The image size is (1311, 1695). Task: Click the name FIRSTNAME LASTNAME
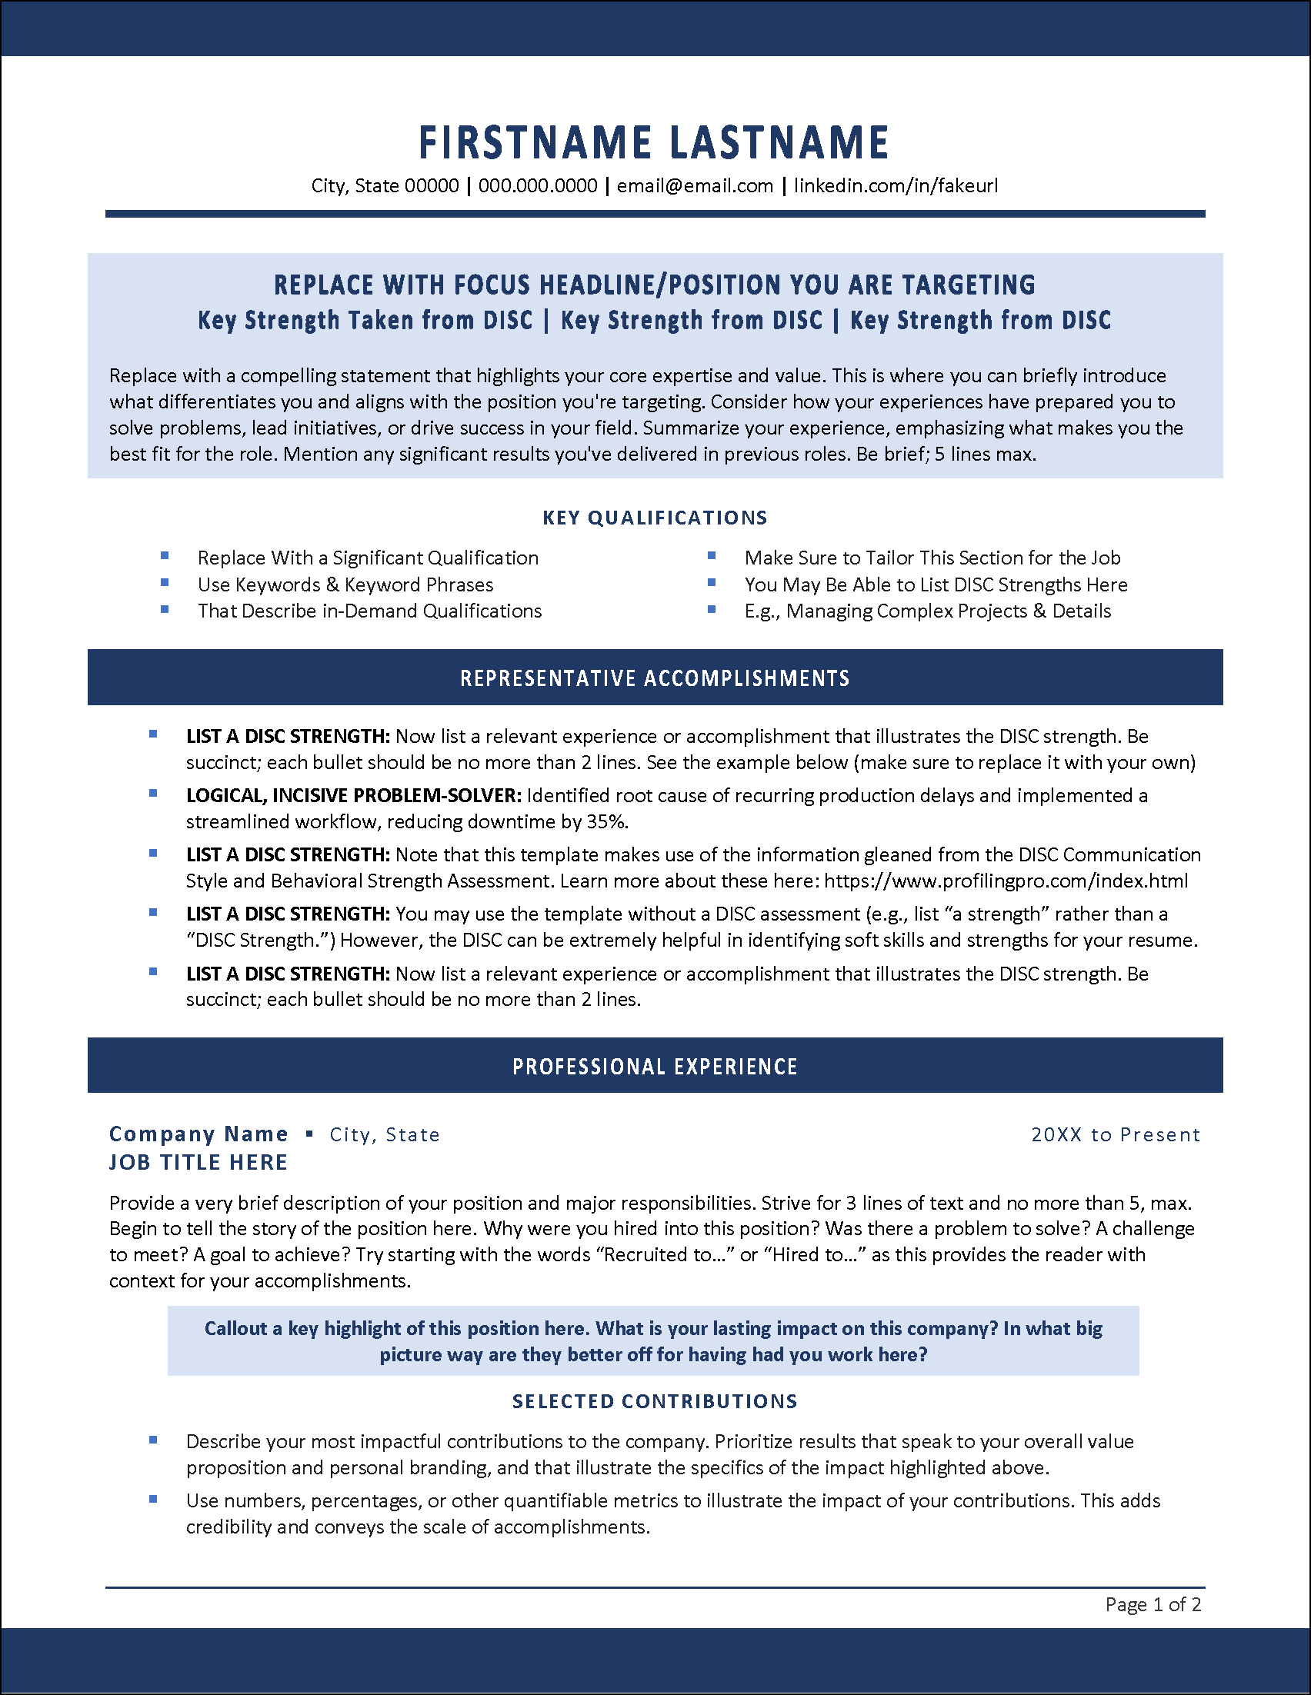pos(653,143)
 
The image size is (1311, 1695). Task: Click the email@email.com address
pos(695,186)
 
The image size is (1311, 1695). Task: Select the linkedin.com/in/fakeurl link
pos(895,186)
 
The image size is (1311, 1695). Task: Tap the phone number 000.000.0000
pos(538,186)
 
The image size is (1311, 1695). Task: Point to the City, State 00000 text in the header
pos(385,186)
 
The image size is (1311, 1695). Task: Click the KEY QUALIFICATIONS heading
pos(655,518)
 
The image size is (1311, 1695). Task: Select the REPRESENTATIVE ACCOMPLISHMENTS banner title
pos(655,678)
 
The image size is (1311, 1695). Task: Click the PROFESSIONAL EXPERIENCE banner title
pos(655,1067)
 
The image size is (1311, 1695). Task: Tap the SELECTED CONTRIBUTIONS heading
pos(655,1401)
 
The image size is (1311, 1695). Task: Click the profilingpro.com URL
pos(1006,881)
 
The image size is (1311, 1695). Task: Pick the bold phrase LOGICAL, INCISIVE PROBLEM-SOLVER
pos(353,795)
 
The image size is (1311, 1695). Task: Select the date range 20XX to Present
pos(1116,1134)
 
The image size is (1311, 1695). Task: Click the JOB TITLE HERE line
pos(198,1162)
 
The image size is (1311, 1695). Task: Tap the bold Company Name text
pos(198,1134)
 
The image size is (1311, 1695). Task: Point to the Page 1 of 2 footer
pos(1153,1604)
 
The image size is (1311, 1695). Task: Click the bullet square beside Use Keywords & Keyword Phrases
pos(165,582)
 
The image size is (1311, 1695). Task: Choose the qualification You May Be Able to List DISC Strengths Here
pos(936,584)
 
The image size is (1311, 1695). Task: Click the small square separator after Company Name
pos(309,1134)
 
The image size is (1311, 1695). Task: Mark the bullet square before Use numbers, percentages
pos(153,1500)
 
